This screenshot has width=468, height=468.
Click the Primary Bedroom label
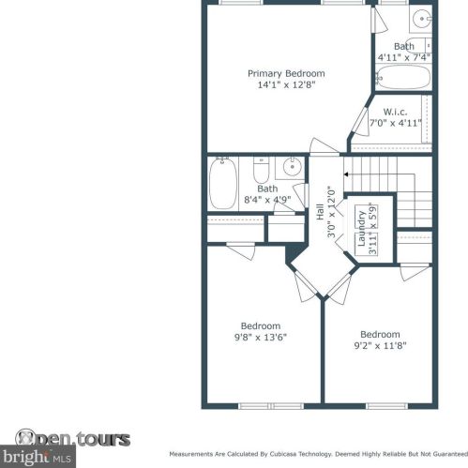[x=286, y=74]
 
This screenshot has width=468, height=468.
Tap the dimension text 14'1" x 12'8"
[x=286, y=84]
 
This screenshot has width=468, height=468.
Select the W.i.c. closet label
[x=395, y=112]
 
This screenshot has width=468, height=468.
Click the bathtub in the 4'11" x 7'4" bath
[x=403, y=77]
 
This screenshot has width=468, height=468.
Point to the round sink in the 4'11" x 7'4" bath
[x=421, y=19]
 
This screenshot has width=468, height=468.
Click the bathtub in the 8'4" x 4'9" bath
[x=222, y=184]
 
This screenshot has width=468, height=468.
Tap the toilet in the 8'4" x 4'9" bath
[x=261, y=171]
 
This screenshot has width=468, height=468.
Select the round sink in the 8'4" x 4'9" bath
[x=292, y=167]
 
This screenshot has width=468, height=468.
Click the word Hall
[x=320, y=212]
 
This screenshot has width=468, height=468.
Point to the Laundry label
[x=361, y=229]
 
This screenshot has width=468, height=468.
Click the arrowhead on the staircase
[x=346, y=174]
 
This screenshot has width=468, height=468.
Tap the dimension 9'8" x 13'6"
[x=261, y=338]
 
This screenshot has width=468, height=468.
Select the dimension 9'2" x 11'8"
[x=380, y=346]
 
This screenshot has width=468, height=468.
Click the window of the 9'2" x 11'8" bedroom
[x=387, y=406]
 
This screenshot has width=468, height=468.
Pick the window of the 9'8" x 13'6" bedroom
[x=271, y=406]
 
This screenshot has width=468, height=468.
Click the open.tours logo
[x=72, y=438]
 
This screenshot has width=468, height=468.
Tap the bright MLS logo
[x=38, y=457]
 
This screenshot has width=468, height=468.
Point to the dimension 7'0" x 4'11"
[x=396, y=123]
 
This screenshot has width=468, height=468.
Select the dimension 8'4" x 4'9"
[x=267, y=200]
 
